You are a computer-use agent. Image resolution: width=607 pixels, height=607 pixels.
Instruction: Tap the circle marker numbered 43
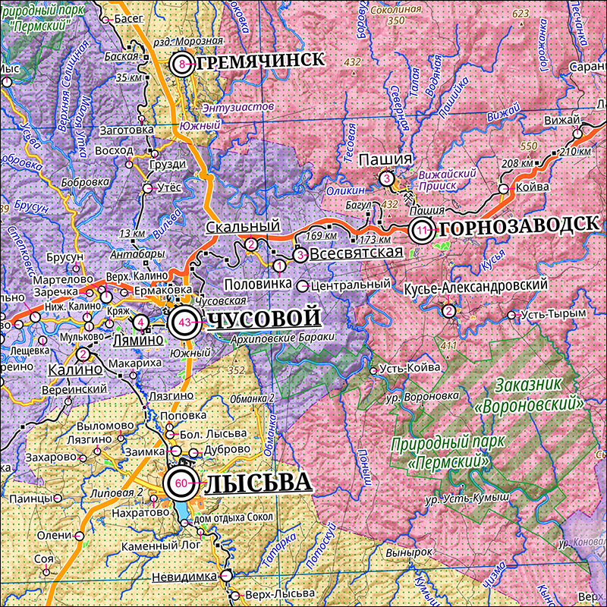coord(184,322)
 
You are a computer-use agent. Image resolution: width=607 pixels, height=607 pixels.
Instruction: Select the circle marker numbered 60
coord(181,483)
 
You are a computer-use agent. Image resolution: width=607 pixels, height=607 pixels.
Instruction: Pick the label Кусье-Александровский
coord(476,285)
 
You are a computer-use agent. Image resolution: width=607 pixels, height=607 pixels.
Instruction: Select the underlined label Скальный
coord(243,226)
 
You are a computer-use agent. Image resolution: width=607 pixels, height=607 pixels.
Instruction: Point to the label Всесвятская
coord(355,254)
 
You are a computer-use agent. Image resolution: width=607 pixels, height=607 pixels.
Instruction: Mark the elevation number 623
coord(521,14)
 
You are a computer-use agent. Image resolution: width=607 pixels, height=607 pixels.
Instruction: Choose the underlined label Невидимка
coord(184,577)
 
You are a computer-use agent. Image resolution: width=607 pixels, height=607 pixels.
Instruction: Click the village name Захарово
coord(51,458)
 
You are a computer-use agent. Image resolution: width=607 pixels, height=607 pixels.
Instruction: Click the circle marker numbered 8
coord(181,64)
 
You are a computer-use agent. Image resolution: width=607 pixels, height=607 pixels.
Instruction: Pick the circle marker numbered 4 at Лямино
coord(141,322)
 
